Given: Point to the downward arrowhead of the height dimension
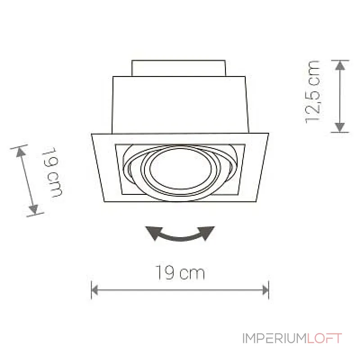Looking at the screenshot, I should click(x=340, y=127).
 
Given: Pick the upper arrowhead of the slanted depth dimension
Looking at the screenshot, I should click(x=21, y=152).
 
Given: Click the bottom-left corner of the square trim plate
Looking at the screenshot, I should click(x=104, y=202).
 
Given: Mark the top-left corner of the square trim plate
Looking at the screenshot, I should click(x=92, y=134).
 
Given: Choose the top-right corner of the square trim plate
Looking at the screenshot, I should click(x=269, y=134).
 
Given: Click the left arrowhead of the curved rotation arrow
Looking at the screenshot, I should click(x=152, y=231).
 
